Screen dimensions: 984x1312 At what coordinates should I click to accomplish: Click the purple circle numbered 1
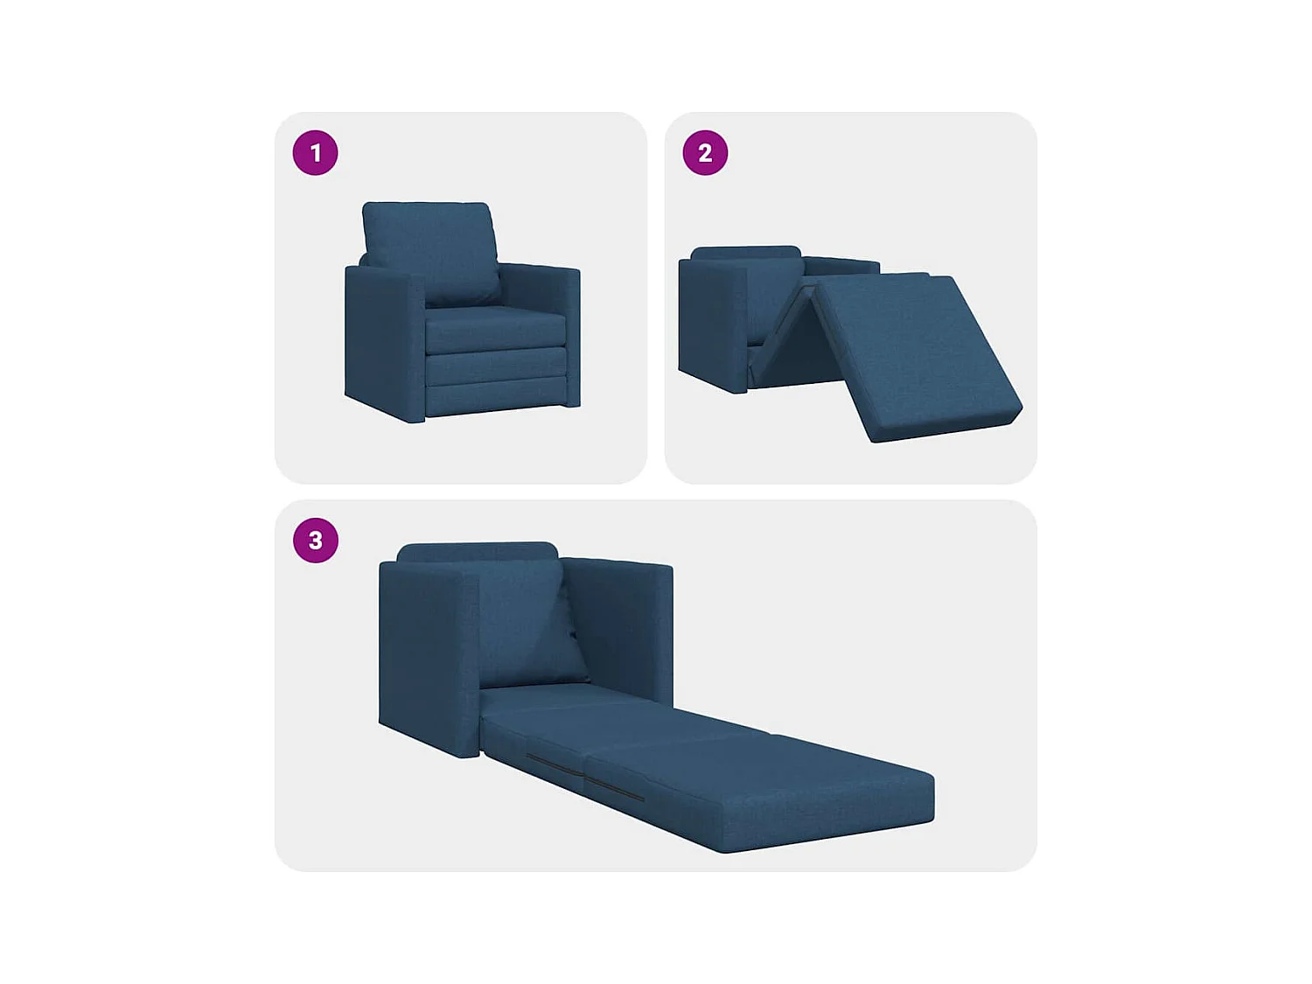315,153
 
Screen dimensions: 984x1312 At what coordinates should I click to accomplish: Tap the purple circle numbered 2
705,153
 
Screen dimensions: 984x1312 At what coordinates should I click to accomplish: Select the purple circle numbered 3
315,541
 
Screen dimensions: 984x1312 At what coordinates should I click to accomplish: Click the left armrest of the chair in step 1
385,341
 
